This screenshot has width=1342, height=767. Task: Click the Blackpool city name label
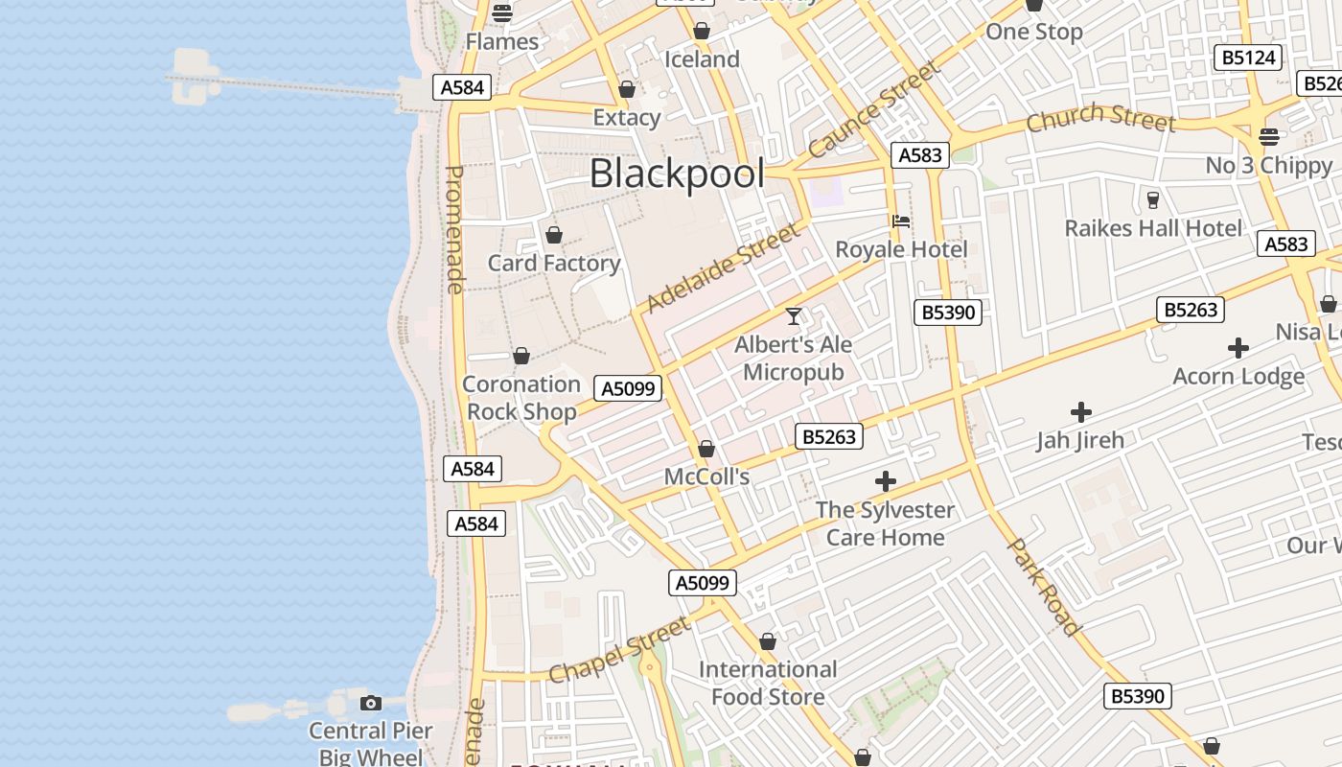[677, 174]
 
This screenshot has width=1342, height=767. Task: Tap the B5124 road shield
[1248, 58]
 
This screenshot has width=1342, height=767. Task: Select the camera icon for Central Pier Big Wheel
[371, 704]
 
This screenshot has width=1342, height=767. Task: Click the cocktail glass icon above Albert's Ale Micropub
[794, 315]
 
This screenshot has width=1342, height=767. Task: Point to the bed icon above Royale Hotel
[900, 221]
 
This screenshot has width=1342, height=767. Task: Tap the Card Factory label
[554, 263]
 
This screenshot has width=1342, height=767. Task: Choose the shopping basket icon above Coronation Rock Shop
[521, 357]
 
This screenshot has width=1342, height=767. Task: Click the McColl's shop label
[706, 476]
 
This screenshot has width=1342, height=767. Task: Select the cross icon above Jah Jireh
[1081, 412]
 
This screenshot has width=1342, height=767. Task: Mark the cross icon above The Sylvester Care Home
[886, 481]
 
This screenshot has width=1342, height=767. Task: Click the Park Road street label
[1045, 587]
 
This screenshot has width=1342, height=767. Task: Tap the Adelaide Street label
[723, 268]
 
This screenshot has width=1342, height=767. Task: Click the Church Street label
[1100, 119]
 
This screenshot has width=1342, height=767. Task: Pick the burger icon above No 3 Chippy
[1269, 137]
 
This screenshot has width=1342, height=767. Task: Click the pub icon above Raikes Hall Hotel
[1153, 199]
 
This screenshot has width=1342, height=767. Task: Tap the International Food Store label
[768, 683]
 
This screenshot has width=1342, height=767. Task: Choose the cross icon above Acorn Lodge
[1238, 348]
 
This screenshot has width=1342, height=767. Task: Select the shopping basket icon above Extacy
[627, 90]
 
